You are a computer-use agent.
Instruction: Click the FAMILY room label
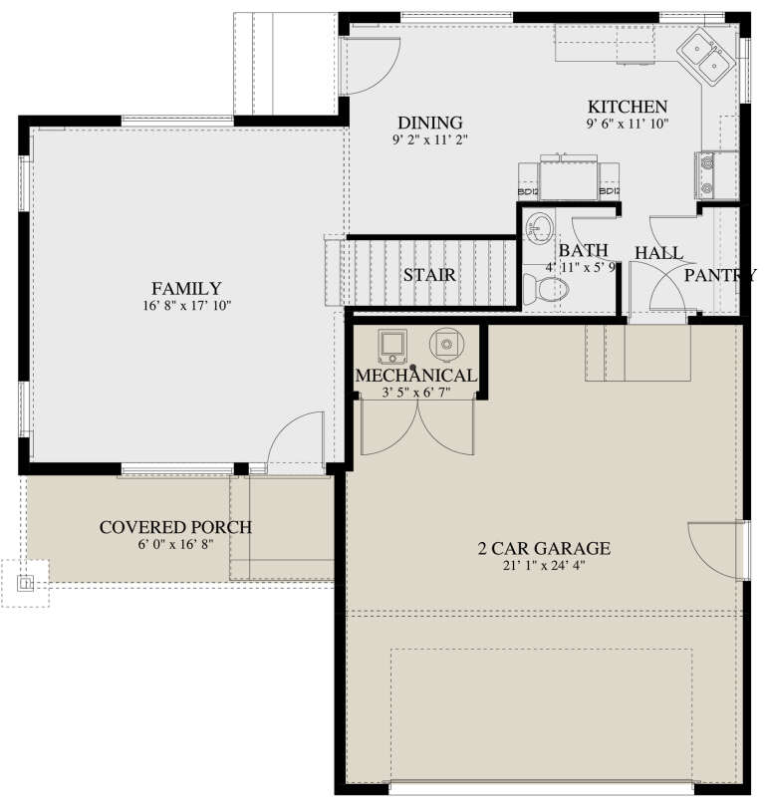[x=187, y=289]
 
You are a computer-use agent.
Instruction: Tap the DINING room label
[x=429, y=123]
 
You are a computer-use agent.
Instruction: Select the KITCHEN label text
[x=627, y=107]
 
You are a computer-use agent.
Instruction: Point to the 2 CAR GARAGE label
[x=543, y=548]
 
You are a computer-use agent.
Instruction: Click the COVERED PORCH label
[x=175, y=527]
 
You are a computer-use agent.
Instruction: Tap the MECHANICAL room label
[x=416, y=376]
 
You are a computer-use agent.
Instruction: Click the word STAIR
[x=430, y=275]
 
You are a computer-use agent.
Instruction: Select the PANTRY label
[x=718, y=276]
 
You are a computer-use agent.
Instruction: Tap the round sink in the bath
[x=539, y=228]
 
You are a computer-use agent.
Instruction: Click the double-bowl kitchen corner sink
[x=708, y=56]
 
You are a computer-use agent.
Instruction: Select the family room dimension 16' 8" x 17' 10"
[x=187, y=306]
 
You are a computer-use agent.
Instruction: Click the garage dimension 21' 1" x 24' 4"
[x=543, y=566]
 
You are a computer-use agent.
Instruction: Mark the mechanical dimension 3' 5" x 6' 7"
[x=416, y=393]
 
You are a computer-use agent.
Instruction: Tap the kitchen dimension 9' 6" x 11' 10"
[x=627, y=124]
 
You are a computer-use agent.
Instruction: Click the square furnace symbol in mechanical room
[x=391, y=346]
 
